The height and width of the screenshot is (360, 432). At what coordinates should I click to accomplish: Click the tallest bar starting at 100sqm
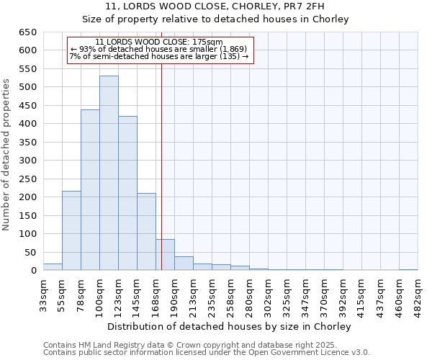(x=109, y=173)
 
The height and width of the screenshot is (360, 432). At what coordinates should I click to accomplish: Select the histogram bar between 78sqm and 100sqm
(x=90, y=190)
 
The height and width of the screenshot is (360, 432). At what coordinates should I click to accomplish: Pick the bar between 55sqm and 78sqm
(x=71, y=230)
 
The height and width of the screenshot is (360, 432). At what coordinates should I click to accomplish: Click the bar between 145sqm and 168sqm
(x=146, y=232)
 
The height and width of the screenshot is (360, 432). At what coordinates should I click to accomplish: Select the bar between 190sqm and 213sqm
(x=184, y=264)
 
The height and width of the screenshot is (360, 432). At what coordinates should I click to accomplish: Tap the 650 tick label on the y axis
(x=27, y=32)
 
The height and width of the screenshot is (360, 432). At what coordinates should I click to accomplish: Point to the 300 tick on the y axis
(x=27, y=161)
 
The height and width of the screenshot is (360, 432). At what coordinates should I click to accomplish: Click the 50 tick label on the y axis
(x=30, y=253)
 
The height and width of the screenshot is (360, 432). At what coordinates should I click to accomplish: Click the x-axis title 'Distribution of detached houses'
(x=230, y=327)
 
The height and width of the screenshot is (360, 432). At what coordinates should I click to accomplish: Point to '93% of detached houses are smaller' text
(x=159, y=49)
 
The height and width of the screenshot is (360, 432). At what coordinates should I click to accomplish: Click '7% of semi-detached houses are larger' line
(x=159, y=56)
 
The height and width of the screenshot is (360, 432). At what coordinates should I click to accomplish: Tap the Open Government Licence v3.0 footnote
(x=206, y=352)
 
